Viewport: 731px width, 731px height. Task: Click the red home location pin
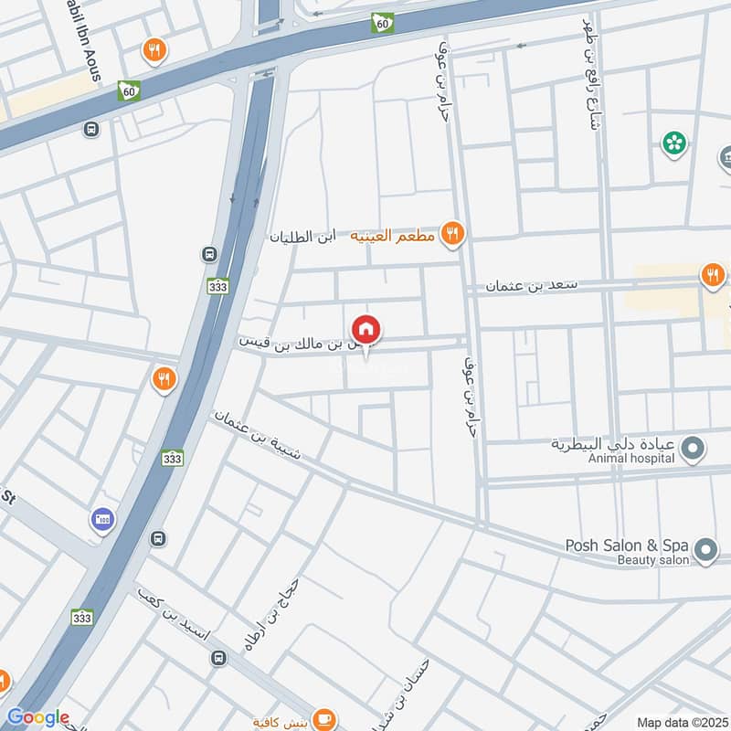click(366, 329)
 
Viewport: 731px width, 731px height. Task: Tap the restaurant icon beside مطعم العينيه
click(451, 235)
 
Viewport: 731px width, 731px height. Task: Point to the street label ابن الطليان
click(301, 236)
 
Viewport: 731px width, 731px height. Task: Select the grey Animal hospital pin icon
click(694, 448)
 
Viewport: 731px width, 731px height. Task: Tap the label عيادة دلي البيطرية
click(612, 443)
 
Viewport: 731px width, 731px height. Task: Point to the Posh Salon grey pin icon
click(705, 549)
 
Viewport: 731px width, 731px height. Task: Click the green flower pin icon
click(674, 143)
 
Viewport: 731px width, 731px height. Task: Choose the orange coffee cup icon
click(323, 719)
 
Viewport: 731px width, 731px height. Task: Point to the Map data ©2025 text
click(682, 722)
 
